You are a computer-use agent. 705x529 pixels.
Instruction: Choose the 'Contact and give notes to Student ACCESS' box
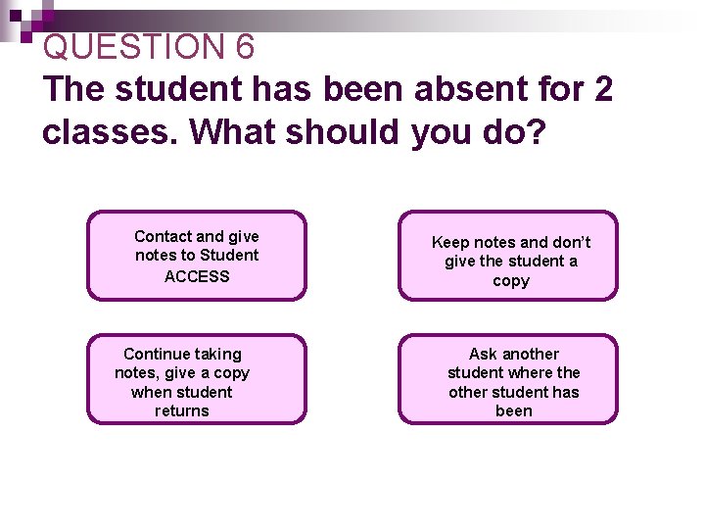pos(197,256)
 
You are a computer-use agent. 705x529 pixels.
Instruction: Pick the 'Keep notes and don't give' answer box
pos(508,256)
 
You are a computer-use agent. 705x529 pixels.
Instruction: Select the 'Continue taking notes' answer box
pos(197,379)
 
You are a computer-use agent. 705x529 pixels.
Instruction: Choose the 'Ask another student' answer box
pos(508,379)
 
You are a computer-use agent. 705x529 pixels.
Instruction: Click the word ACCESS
pos(197,276)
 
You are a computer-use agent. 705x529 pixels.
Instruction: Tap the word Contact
pos(164,236)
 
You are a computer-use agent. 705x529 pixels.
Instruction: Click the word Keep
pos(452,242)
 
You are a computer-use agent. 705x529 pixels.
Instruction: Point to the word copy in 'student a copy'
pos(511,281)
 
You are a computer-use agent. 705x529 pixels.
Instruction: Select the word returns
pos(182,411)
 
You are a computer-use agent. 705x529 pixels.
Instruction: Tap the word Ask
pos(484,354)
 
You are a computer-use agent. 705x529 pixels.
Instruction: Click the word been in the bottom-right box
pos(514,411)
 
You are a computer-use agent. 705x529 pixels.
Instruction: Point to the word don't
pos(567,242)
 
